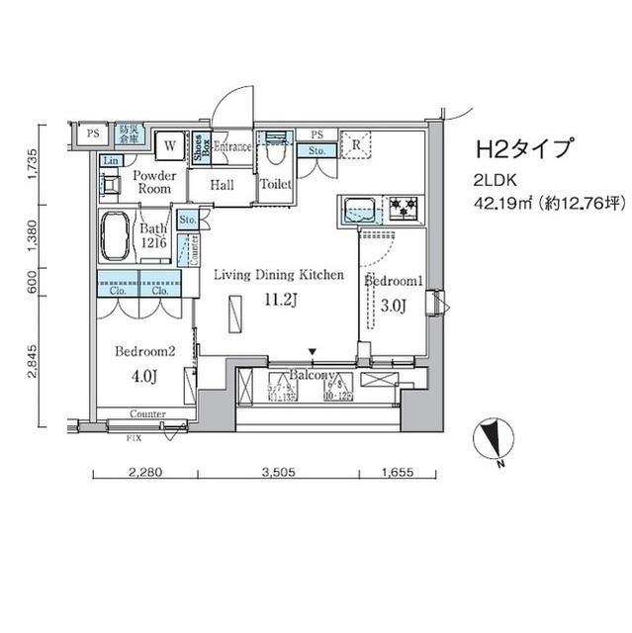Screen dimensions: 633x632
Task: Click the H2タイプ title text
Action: click(x=525, y=149)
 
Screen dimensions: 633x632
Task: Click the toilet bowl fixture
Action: click(x=274, y=153)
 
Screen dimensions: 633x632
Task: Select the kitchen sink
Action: click(x=360, y=209)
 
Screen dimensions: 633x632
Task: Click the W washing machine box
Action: click(x=170, y=145)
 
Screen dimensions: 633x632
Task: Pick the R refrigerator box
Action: click(x=353, y=144)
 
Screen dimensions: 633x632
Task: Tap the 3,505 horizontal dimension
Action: click(x=279, y=472)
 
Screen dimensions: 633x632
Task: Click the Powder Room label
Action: click(x=154, y=182)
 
